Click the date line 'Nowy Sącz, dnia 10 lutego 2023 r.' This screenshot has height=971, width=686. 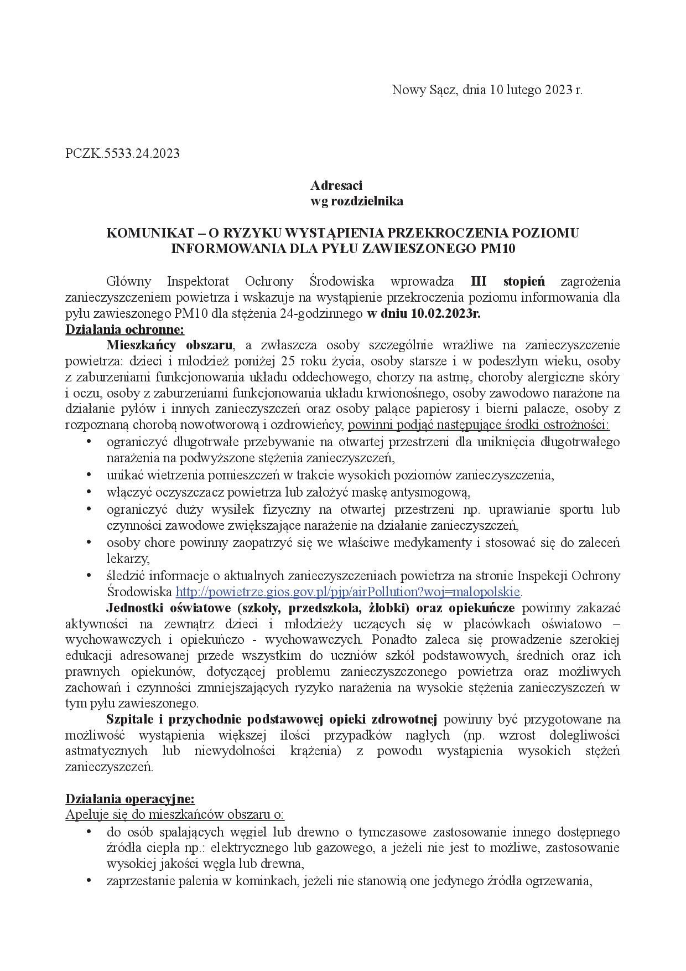(487, 90)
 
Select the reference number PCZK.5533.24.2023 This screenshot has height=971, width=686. (122, 153)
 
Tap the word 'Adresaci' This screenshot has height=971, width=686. (336, 185)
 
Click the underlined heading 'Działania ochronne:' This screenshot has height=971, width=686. (124, 329)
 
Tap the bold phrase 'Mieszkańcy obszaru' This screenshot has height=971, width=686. (169, 345)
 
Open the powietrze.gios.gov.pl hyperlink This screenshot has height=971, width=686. (348, 592)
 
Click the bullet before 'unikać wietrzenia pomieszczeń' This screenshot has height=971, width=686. (89, 474)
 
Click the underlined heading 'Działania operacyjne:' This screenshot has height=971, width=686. (130, 799)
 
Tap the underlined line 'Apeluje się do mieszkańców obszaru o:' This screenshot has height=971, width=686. (175, 815)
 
